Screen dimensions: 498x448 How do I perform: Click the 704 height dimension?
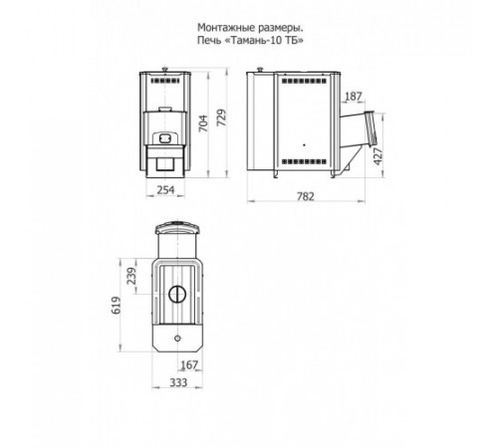(204, 123)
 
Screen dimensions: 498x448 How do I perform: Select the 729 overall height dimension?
(222, 117)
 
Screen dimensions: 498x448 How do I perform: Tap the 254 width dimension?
(165, 190)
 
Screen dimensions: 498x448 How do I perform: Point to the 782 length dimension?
(306, 196)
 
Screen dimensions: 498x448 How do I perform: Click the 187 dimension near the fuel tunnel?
(354, 97)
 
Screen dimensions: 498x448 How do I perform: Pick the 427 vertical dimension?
(378, 156)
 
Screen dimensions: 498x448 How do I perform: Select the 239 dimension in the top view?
(131, 276)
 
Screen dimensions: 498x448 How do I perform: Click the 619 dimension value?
(117, 306)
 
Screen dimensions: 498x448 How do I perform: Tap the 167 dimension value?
(189, 364)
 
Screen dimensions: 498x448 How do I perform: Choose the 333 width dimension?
(178, 382)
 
